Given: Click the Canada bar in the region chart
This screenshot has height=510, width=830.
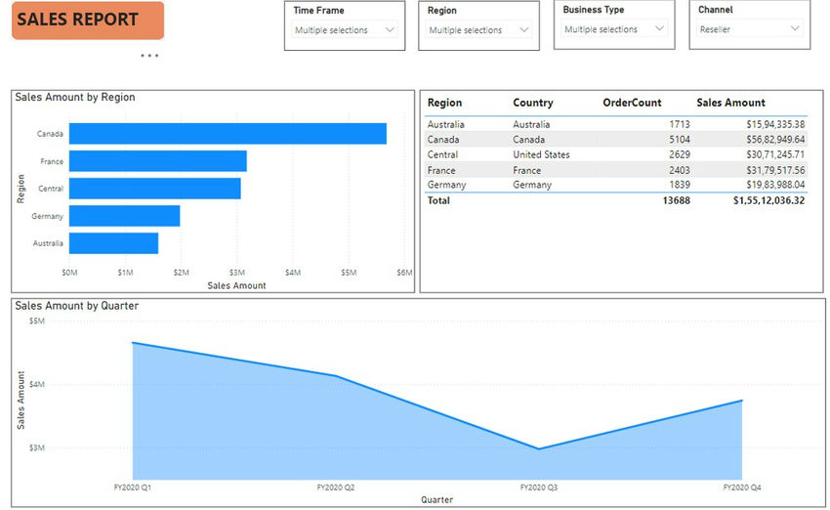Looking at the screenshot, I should coord(228,134).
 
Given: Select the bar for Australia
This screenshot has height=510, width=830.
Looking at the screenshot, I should coord(113,243).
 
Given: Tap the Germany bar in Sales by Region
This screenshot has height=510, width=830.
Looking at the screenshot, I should coord(124,216).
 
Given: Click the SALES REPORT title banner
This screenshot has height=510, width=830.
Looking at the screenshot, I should coord(87,20).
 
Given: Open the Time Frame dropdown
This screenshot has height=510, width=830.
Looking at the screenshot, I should coord(345,30).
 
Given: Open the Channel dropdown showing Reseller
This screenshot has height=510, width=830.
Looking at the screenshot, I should coord(749,30).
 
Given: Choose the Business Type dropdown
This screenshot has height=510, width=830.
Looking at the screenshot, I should coord(615,30).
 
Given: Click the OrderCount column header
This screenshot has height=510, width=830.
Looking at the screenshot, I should coord(632,103).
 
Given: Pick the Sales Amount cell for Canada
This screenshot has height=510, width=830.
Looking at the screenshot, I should coord(769,140).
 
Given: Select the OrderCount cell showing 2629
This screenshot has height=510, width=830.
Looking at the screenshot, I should coord(679,154).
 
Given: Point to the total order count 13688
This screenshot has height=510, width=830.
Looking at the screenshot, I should coord(674,200).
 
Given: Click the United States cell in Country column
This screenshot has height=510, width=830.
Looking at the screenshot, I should coord(541,154).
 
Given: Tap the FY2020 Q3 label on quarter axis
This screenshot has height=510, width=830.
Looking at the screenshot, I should coord(538,487).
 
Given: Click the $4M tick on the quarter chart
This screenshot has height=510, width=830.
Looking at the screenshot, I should coord(36,384).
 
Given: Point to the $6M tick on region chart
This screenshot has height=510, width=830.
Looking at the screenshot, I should coord(404,272).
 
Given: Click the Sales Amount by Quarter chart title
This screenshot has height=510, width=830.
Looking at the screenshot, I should coord(77,306).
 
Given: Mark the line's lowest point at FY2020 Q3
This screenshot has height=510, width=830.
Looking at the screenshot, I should coord(538,449).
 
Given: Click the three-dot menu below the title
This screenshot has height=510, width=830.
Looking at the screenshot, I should coord(148,56).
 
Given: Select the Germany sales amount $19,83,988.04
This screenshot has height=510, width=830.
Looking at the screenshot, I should coord(769,185).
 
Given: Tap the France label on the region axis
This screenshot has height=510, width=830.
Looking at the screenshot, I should coord(52,161).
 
